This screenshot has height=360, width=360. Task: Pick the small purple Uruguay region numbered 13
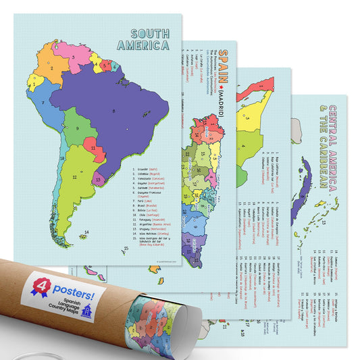(99, 180)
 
